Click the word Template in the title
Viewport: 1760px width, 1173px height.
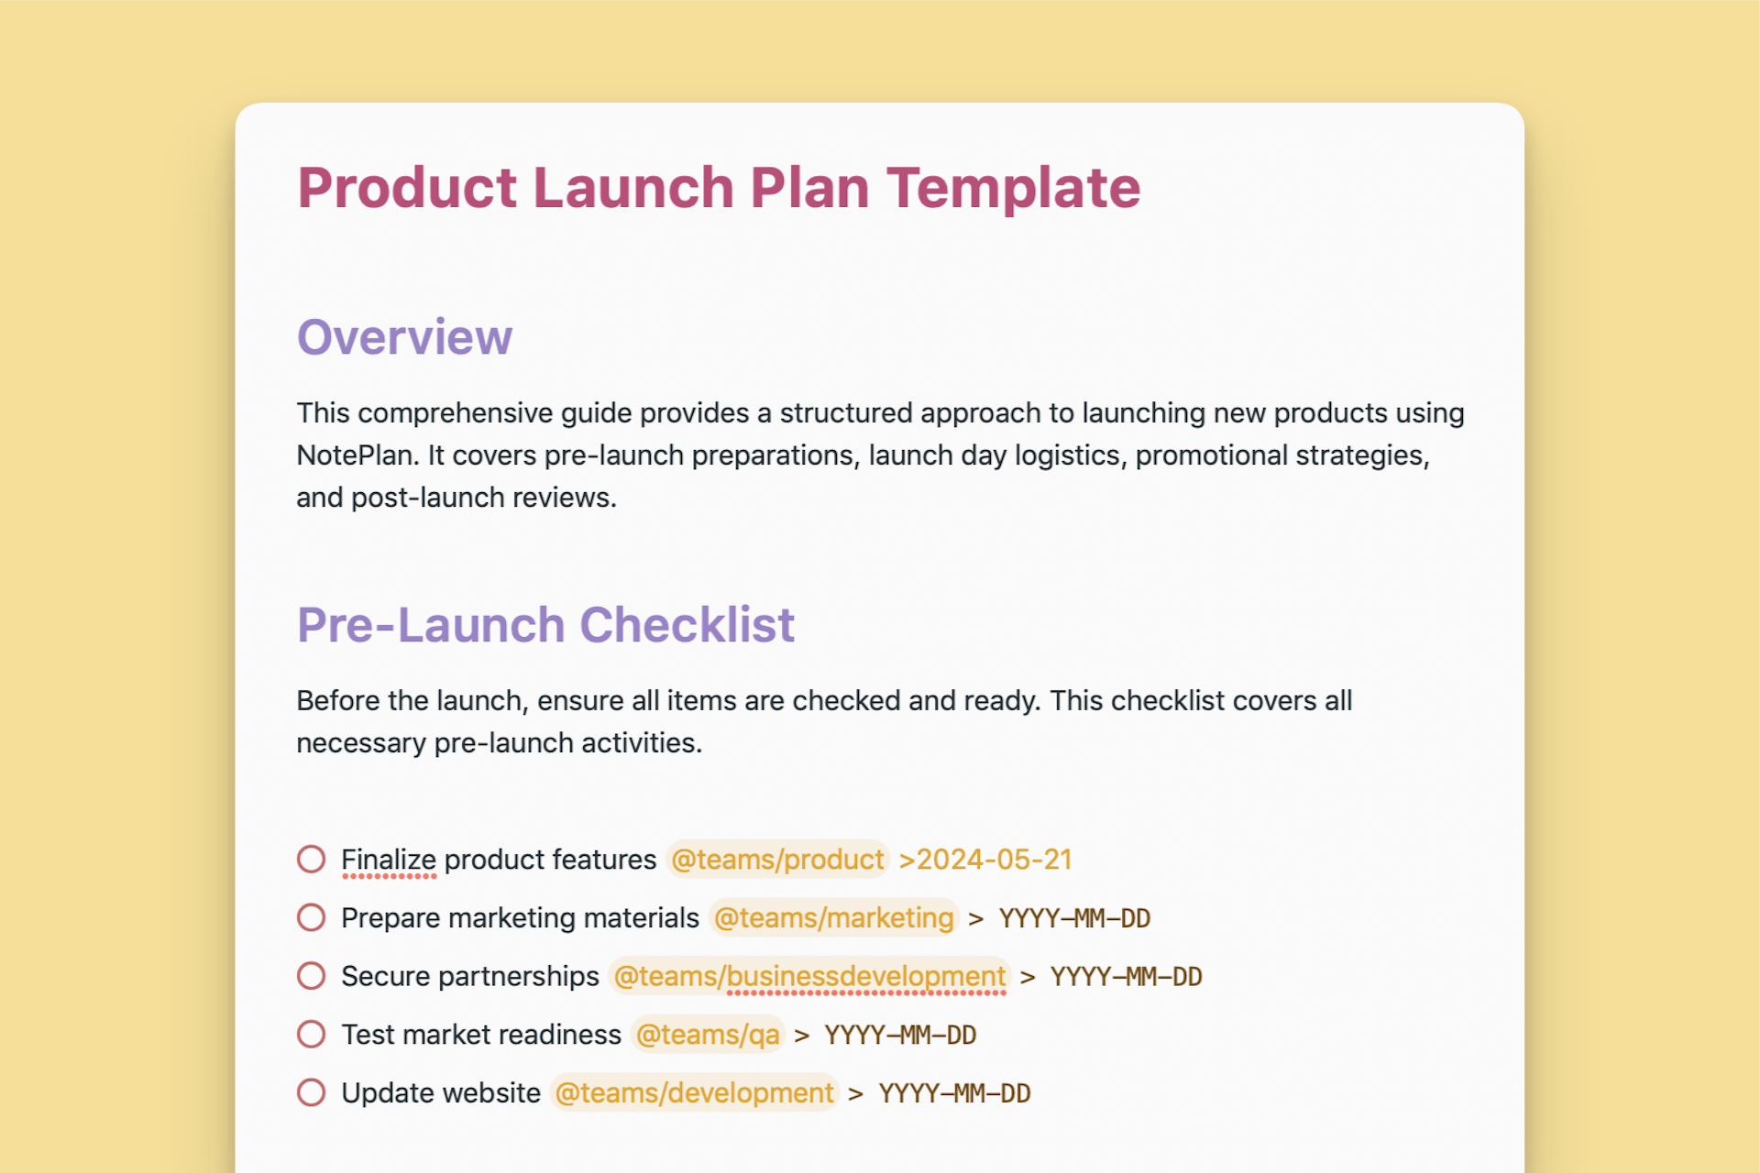[x=1013, y=188]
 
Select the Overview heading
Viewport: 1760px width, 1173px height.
[x=404, y=337]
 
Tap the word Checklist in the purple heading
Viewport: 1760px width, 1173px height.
[x=687, y=625]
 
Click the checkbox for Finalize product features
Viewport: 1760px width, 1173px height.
[x=312, y=860]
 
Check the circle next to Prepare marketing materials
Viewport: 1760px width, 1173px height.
[x=312, y=917]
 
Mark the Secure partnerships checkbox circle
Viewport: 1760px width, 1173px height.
[x=312, y=976]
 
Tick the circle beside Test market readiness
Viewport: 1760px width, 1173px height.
[x=312, y=1035]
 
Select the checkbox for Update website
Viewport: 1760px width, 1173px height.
[x=312, y=1092]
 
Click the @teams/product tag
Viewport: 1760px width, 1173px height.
[x=777, y=860]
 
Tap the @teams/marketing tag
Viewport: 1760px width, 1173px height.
[x=833, y=917]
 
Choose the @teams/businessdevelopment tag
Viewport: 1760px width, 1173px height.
[x=809, y=976]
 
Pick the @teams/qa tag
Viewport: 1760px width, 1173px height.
[x=708, y=1035]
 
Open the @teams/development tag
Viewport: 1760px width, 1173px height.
[x=694, y=1092]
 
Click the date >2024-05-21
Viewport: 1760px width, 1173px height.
[x=985, y=860]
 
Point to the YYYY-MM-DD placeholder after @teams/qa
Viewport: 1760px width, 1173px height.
[x=900, y=1036]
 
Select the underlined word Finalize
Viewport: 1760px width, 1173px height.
[x=389, y=860]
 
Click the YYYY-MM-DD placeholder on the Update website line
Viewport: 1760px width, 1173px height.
[x=954, y=1093]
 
